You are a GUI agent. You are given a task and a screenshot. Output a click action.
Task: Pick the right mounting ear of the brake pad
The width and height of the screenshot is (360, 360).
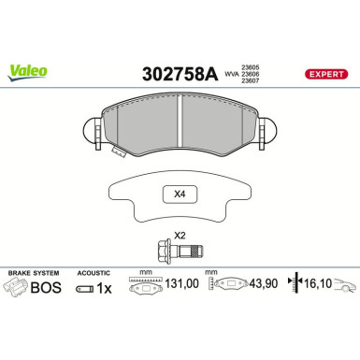tap(268, 132)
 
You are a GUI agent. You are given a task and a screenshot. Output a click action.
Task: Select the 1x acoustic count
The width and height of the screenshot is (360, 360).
tap(106, 290)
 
